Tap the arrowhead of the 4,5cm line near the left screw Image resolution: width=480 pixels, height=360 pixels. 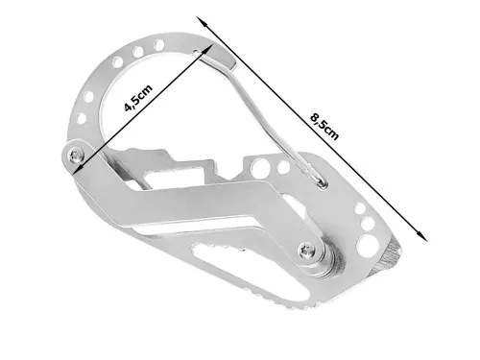tap(79, 166)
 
